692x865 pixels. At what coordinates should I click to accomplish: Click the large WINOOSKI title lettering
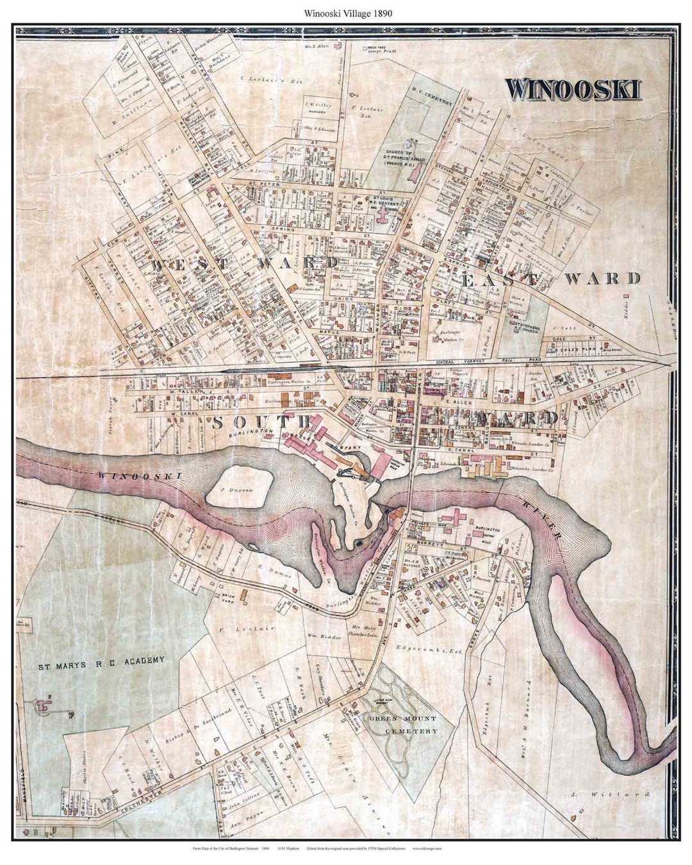573,89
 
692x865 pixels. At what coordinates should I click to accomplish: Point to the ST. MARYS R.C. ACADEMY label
101,660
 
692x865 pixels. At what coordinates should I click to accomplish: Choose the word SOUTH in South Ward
260,421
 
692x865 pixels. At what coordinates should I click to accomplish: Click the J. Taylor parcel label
582,208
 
